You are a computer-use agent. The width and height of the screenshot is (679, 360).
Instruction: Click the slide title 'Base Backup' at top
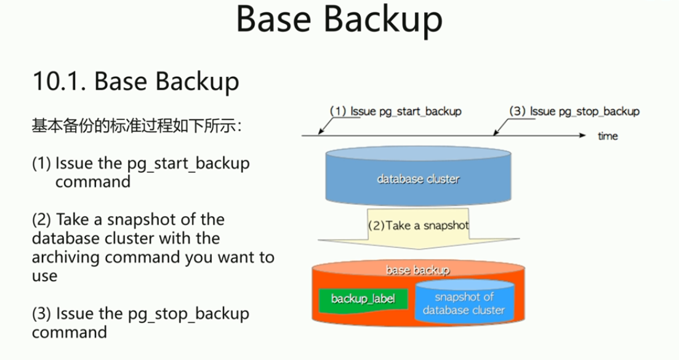click(339, 20)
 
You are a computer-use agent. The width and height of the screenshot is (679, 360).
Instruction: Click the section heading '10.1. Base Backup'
click(135, 81)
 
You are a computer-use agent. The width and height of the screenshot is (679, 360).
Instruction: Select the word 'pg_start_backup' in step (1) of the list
click(188, 164)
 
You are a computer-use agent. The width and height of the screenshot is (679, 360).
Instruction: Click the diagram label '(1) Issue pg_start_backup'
click(395, 111)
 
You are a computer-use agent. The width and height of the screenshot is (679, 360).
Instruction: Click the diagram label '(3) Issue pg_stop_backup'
click(574, 111)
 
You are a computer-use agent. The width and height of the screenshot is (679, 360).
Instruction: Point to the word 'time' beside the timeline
click(608, 136)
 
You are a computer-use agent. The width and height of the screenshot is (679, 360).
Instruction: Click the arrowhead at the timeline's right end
click(583, 135)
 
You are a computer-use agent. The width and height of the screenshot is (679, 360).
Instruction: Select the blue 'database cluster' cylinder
click(419, 175)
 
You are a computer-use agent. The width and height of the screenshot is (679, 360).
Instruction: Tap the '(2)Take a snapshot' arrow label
click(419, 225)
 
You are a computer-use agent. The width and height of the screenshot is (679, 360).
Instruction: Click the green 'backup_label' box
click(363, 300)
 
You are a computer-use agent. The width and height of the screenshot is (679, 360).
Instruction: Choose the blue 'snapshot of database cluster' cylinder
click(464, 302)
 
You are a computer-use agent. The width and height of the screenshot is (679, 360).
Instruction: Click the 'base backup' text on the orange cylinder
click(417, 270)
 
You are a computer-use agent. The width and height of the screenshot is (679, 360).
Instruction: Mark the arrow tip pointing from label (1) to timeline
click(319, 134)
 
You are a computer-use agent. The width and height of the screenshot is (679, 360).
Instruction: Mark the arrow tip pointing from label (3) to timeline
click(494, 134)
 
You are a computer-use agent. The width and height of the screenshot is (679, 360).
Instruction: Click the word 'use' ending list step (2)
click(44, 276)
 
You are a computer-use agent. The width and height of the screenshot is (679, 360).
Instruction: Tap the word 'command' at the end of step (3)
click(70, 333)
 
